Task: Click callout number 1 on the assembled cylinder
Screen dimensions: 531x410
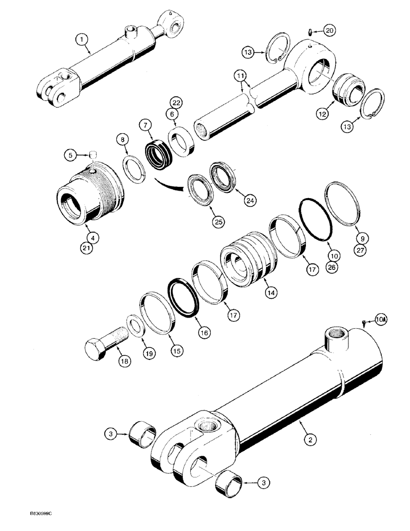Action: coord(80,39)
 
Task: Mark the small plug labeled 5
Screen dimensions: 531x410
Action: coord(92,155)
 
